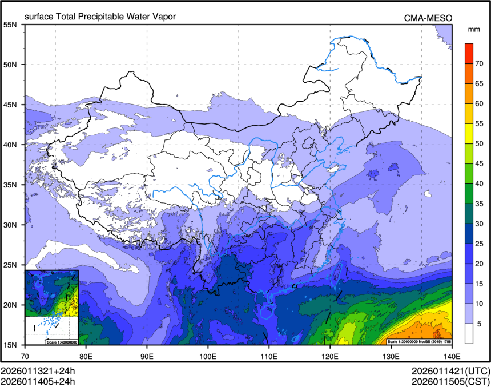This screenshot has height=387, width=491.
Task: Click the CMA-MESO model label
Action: click(x=428, y=18)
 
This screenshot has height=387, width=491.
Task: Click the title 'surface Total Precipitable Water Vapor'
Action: click(x=100, y=17)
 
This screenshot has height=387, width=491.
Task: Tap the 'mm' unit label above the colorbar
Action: click(x=473, y=29)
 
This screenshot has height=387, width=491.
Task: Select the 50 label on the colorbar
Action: click(x=480, y=143)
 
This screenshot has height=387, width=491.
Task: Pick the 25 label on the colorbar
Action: click(x=480, y=244)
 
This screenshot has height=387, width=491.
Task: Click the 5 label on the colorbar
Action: click(x=479, y=324)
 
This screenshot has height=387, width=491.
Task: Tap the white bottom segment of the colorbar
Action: click(x=469, y=333)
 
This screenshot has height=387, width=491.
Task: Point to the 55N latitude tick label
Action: click(x=10, y=25)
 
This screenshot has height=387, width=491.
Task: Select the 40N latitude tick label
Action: click(x=10, y=145)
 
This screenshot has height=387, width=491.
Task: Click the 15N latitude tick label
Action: click(x=10, y=345)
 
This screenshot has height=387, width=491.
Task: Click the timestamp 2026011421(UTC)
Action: click(x=450, y=370)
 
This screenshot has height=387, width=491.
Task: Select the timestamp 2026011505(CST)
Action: click(x=450, y=381)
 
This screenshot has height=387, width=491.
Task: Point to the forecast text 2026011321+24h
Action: click(x=38, y=370)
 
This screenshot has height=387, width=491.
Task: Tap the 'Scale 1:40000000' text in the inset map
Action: click(x=62, y=342)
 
